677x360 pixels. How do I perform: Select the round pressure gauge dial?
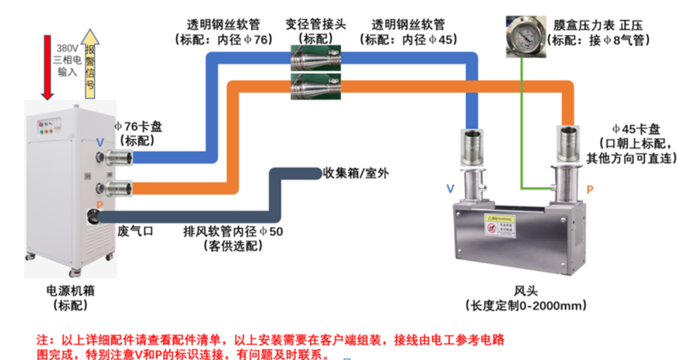[x=523, y=36]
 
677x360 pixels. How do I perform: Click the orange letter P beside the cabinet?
[x=100, y=205]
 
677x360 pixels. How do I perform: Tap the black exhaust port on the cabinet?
[x=93, y=215]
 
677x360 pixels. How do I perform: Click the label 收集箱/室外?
[x=356, y=173]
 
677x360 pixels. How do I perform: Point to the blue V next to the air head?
[x=450, y=188]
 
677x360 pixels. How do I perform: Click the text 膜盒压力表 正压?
[x=600, y=25]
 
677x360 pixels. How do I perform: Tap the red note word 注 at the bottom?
[x=41, y=339]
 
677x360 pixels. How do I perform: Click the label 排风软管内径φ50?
[x=233, y=232]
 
